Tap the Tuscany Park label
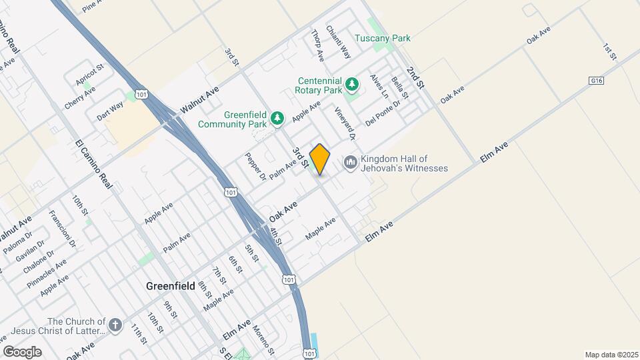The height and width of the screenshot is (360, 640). pyautogui.click(x=382, y=38)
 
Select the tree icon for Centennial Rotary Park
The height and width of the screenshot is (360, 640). pyautogui.click(x=352, y=85)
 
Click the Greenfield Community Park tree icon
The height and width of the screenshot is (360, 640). pyautogui.click(x=277, y=119)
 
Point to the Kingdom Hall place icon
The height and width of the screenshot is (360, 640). pyautogui.click(x=350, y=163)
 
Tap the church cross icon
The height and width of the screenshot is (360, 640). pyautogui.click(x=115, y=325)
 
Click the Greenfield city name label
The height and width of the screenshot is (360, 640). pyautogui.click(x=171, y=286)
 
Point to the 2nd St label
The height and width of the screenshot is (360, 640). pyautogui.click(x=415, y=78)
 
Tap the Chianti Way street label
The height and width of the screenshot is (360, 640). pyautogui.click(x=338, y=41)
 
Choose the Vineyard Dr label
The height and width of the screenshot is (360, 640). pyautogui.click(x=345, y=123)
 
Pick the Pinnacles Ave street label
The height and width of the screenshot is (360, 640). pyautogui.click(x=47, y=273)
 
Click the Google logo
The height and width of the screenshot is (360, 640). pyautogui.click(x=22, y=351)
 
